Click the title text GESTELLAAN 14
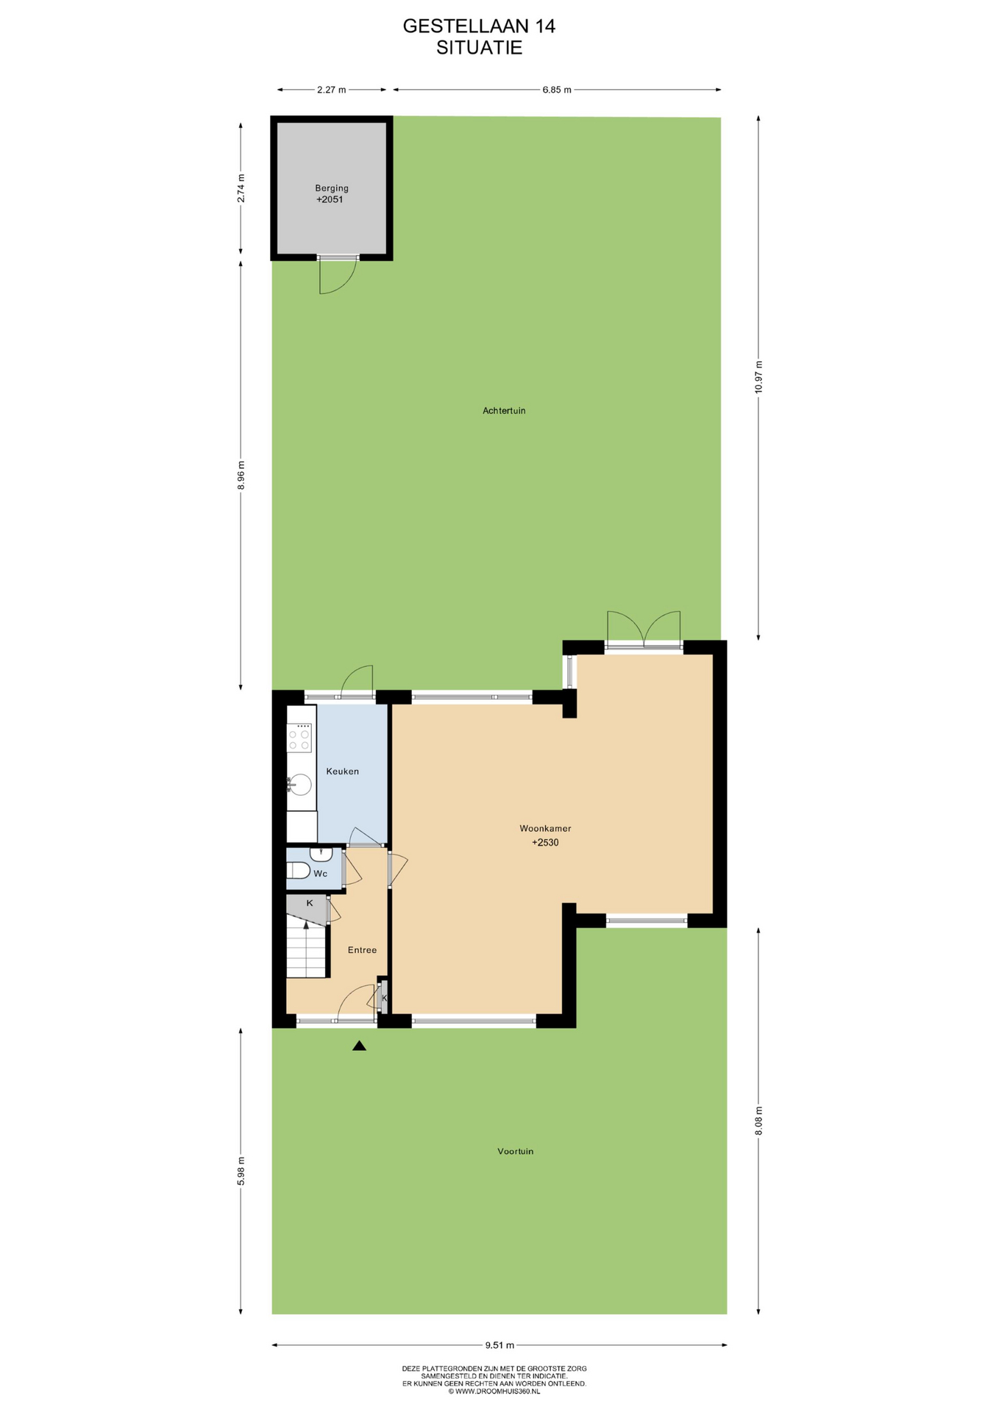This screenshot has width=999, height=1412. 479,26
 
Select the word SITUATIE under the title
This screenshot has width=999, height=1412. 479,48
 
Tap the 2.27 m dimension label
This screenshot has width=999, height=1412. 331,90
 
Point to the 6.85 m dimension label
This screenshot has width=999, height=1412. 557,90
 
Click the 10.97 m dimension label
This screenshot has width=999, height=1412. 758,377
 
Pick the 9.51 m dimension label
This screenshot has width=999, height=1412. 500,1345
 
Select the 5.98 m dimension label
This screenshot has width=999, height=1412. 241,1171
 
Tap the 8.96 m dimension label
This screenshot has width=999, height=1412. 241,475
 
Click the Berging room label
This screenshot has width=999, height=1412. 332,188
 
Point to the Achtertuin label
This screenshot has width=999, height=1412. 504,410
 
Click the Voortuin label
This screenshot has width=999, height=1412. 515,1151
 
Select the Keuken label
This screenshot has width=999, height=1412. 342,771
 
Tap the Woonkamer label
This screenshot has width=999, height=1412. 545,828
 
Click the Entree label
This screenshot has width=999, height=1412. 362,950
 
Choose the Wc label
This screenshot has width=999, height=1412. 320,874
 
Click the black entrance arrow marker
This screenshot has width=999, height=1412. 359,1046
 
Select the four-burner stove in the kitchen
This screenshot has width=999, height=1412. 299,738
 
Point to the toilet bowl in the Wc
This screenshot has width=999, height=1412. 298,871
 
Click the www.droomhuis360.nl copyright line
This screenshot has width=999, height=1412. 494,1391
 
